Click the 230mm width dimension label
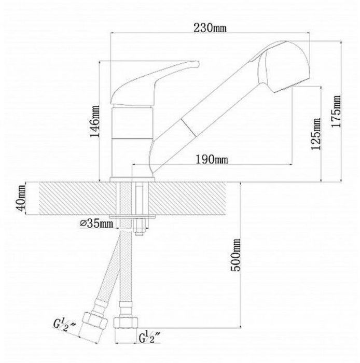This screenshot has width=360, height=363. tap(210, 28)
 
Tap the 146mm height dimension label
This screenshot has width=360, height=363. tap(95, 121)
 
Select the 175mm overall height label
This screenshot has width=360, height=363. tap(336, 111)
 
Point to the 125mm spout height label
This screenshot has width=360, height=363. tap(316, 134)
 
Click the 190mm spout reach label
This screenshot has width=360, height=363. tap(212, 160)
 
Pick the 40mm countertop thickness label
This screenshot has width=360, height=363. tap(21, 198)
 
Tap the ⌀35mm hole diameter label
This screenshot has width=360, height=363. tap(97, 224)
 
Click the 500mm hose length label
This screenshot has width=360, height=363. tap(236, 255)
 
